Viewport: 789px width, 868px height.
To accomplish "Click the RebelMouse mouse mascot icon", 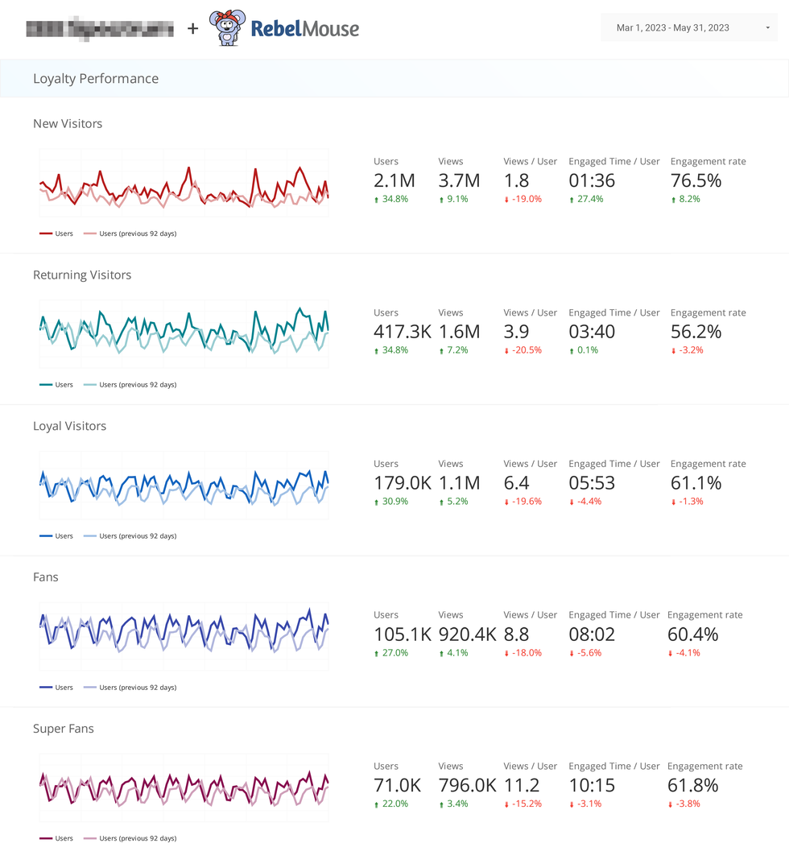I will [x=227, y=28].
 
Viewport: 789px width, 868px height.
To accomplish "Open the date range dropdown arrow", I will [x=768, y=28].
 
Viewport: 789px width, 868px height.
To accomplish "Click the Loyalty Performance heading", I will [x=96, y=79].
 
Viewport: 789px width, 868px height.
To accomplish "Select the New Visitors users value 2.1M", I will [x=395, y=180].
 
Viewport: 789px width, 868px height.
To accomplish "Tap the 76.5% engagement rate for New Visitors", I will [x=696, y=180].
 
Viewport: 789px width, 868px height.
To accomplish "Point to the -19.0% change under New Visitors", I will [x=526, y=199].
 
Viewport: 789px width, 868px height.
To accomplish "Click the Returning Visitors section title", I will [x=82, y=275].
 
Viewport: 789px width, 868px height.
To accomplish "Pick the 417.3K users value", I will [x=403, y=332].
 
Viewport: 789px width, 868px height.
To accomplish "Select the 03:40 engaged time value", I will [x=592, y=332].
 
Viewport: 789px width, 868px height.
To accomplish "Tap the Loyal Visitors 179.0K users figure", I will [x=403, y=483].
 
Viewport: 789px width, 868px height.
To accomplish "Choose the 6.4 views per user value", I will [x=516, y=483].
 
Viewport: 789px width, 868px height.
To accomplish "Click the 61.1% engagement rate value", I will [x=696, y=483].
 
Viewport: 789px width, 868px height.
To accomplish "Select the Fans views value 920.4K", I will [x=467, y=634].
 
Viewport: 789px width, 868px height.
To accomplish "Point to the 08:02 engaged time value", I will [x=592, y=634].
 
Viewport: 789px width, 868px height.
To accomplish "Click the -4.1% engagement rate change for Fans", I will [x=688, y=653].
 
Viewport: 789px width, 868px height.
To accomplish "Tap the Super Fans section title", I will [x=64, y=729].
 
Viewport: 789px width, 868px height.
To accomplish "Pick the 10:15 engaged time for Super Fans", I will [x=592, y=785].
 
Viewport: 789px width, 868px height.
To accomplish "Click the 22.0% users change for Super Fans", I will [x=395, y=804].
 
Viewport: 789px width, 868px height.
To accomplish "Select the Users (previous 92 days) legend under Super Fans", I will [x=137, y=838].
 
